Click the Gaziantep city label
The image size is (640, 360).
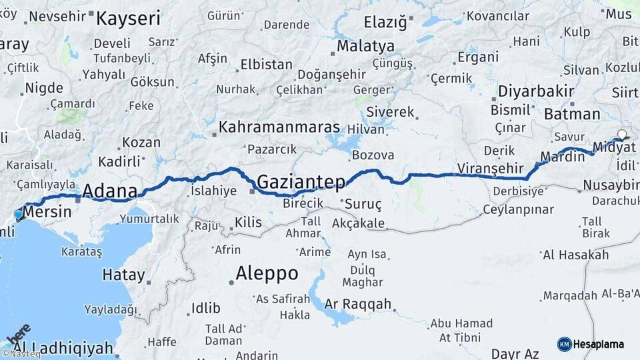301,181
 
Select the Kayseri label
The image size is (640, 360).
128,18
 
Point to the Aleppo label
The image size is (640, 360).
267,273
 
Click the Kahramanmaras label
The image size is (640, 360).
279,127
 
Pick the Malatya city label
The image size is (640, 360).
365,47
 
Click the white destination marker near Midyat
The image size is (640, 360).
622,135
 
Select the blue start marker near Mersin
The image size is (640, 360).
18,215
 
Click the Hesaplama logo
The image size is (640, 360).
591,344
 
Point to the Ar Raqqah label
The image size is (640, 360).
358,304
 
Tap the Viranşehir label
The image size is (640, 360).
491,168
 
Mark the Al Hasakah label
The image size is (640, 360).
575,255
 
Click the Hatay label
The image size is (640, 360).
123,274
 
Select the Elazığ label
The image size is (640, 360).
385,22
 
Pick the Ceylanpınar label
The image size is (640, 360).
519,209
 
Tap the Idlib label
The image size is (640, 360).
205,307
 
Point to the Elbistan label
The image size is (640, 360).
266,65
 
